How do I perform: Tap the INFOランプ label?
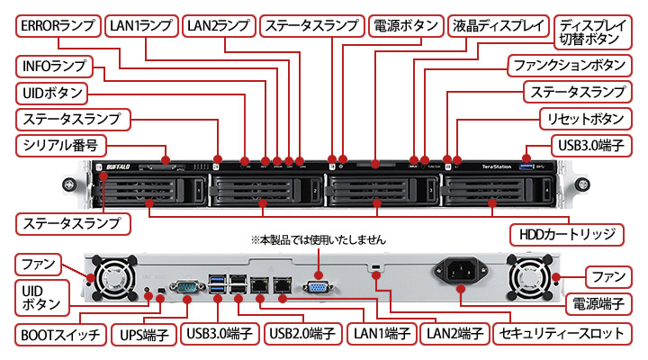pyautogui.click(x=55, y=66)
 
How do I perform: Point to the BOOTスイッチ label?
pyautogui.click(x=60, y=334)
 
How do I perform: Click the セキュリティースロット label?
pyautogui.click(x=562, y=334)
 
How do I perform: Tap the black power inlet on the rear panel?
pyautogui.click(x=462, y=270)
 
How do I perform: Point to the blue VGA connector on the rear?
pyautogui.click(x=319, y=286)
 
